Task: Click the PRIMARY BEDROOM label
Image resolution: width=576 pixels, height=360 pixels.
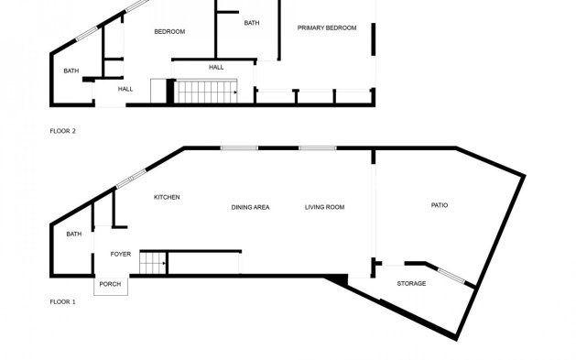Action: (x=326, y=28)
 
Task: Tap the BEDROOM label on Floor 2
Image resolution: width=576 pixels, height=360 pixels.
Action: (x=169, y=32)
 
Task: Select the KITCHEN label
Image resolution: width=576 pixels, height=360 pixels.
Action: (x=166, y=197)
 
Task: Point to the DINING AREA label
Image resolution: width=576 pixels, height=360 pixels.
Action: (x=250, y=207)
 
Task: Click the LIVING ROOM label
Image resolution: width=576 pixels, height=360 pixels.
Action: (x=324, y=207)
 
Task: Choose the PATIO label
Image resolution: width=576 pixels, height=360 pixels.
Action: (x=440, y=204)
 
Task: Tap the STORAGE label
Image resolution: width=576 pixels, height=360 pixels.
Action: (x=411, y=283)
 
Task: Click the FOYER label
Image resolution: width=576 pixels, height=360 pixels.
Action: (x=121, y=254)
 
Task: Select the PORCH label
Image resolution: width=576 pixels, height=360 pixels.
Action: (x=110, y=284)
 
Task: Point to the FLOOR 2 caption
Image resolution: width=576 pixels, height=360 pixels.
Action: (x=62, y=132)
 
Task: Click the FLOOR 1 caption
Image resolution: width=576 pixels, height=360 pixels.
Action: (x=62, y=300)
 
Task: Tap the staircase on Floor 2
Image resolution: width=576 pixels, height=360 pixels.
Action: (x=207, y=92)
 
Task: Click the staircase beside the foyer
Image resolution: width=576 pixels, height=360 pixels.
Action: (x=152, y=264)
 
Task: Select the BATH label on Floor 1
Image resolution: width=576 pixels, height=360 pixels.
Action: (x=73, y=235)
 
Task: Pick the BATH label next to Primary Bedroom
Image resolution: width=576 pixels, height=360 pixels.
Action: (x=252, y=23)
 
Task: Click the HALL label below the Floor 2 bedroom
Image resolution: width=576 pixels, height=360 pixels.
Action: (x=216, y=67)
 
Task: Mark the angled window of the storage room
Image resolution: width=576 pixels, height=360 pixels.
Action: (x=451, y=275)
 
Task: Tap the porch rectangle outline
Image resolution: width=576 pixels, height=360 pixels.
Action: (x=110, y=287)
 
